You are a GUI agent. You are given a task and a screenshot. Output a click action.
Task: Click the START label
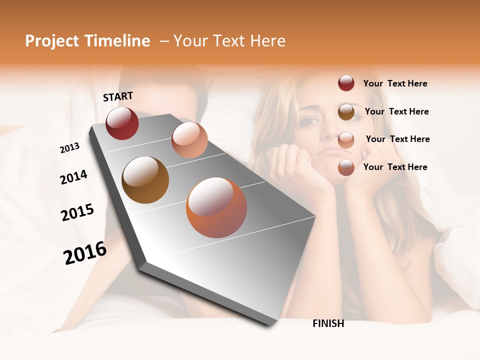click(x=118, y=96)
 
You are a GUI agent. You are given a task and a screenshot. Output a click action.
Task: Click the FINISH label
click(x=328, y=323)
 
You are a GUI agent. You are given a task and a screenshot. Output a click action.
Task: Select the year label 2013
click(x=69, y=147)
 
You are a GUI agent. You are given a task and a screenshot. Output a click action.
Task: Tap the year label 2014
click(x=73, y=177)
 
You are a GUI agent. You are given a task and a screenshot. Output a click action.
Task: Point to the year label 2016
click(x=85, y=253)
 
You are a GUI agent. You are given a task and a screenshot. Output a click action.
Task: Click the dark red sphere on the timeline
click(x=122, y=123)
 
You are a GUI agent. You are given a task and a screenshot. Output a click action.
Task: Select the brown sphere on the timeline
click(x=145, y=180)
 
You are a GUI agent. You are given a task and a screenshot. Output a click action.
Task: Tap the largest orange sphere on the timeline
click(x=216, y=207)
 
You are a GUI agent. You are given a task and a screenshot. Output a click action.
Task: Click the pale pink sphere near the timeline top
click(x=189, y=140)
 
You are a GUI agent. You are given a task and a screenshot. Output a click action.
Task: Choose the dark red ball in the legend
click(x=346, y=83)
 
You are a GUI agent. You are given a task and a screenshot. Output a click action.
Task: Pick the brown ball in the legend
click(x=346, y=112)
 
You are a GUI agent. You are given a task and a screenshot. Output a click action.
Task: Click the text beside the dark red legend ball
click(x=395, y=83)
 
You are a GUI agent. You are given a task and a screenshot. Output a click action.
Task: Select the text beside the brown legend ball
click(x=396, y=111)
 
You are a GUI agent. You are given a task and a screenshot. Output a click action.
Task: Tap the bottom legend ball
click(x=346, y=167)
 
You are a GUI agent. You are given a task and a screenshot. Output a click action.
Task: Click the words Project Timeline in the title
click(x=87, y=41)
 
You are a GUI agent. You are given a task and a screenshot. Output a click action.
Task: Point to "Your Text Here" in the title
click(x=229, y=41)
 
